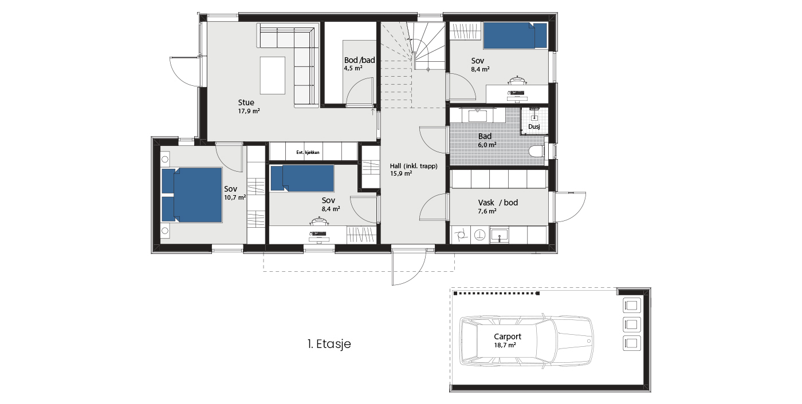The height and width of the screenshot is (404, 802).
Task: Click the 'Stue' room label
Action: point(246,102)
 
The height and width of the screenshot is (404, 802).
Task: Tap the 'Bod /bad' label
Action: point(360,60)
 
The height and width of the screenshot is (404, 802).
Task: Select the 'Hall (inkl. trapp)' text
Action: point(414,166)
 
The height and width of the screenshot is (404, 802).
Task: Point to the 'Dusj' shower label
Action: point(534,126)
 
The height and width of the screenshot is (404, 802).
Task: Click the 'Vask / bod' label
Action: point(498,203)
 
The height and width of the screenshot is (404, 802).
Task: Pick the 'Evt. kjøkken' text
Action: point(308,152)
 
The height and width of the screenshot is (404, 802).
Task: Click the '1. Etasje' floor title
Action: point(329,344)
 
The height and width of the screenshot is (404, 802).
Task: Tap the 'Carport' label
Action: point(508,336)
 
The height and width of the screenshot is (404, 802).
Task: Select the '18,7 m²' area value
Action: point(505,345)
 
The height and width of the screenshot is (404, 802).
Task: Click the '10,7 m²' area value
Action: point(235,197)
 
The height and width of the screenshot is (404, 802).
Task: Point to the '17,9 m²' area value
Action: point(249,111)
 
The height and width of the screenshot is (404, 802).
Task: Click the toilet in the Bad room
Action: point(537,152)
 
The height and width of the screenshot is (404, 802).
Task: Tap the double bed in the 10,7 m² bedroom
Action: point(192,195)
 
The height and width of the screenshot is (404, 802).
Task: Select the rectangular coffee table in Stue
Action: point(273,76)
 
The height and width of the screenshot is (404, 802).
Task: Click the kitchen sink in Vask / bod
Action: point(499,235)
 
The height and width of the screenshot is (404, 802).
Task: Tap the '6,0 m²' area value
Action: point(487,145)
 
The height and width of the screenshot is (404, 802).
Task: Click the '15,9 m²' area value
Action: point(401,174)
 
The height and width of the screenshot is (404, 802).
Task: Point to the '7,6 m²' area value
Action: point(487,211)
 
